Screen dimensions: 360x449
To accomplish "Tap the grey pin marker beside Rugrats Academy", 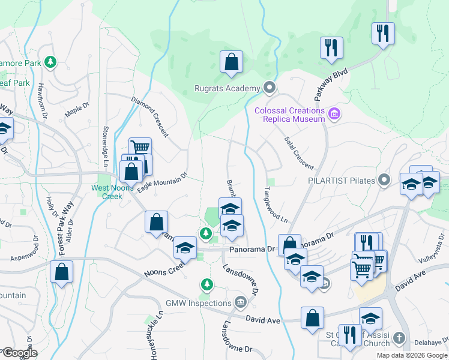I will click(270, 89).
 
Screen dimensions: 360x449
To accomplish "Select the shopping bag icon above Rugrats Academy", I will click(231, 62).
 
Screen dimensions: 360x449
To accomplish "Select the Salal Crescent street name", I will click(298, 152).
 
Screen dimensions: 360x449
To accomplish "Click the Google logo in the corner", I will click(19, 353).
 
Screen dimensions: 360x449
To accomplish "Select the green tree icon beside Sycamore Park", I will click(51, 61).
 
